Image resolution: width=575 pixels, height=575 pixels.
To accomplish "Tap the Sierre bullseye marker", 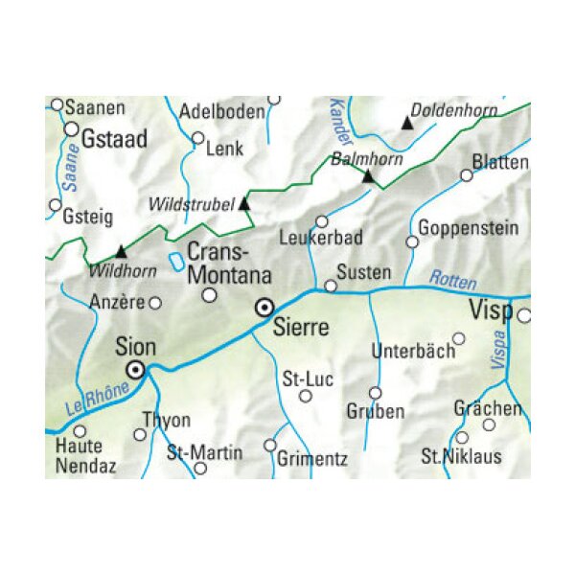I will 264,308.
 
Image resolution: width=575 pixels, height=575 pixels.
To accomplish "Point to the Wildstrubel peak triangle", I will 243,203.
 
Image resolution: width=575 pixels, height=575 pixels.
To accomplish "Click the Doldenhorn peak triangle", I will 407,124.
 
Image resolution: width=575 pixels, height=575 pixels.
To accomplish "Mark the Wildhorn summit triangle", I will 120,249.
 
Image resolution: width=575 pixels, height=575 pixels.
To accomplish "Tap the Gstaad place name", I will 115,139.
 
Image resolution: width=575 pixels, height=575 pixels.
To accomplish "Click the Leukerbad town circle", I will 322,221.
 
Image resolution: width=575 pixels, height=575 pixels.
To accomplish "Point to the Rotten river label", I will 452,277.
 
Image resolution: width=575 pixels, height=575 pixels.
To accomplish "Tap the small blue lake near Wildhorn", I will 175,261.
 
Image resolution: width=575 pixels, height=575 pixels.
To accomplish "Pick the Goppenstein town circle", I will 412,241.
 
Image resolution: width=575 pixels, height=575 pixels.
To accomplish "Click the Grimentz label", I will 312,459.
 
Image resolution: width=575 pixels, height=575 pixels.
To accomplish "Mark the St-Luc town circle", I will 306,396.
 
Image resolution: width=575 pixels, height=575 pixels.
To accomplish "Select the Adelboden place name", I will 222,111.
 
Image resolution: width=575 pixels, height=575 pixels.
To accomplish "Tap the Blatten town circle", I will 467,175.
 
